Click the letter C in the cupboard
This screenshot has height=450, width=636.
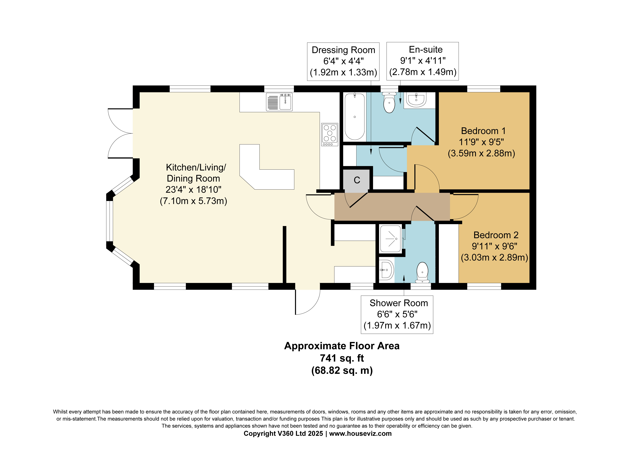(x=357, y=180)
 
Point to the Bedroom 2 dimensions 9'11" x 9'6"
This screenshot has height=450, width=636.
(x=494, y=246)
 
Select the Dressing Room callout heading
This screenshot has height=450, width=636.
(x=343, y=50)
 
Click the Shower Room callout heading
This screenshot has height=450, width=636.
(x=399, y=303)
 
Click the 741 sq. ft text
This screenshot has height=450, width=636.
(x=342, y=358)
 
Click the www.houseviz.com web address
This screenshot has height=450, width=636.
(x=360, y=433)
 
